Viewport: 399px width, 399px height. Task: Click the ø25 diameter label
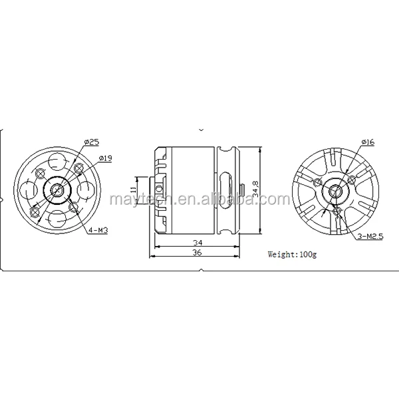point(92,142)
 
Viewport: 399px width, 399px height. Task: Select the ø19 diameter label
point(105,158)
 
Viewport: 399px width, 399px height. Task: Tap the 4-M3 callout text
point(98,231)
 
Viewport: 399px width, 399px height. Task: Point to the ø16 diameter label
point(368,142)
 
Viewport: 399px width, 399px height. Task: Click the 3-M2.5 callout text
point(370,236)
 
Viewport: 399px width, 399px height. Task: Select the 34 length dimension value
point(198,243)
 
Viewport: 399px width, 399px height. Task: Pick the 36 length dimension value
point(198,253)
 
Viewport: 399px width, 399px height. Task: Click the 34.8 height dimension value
point(255,189)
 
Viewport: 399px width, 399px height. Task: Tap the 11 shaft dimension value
point(133,189)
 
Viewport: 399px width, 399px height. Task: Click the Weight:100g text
point(292,254)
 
